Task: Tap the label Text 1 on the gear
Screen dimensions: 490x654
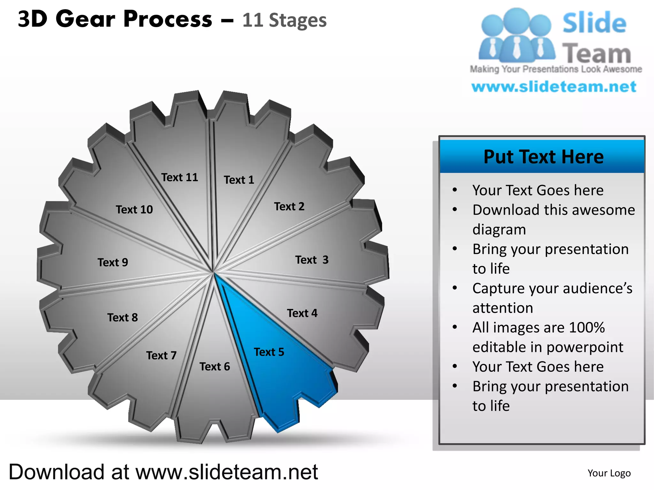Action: (239, 180)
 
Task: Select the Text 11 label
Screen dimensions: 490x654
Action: (179, 177)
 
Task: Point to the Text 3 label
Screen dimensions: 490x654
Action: (312, 260)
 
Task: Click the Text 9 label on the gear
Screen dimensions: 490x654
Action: (113, 263)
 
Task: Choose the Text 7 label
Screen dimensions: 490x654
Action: (161, 355)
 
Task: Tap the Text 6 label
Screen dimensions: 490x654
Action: (215, 367)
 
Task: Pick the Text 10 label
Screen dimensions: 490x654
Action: (134, 210)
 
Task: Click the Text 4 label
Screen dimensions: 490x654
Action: (302, 313)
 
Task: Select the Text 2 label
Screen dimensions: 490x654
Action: (289, 207)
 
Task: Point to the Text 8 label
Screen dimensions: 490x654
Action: (123, 318)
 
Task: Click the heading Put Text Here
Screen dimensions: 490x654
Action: (544, 157)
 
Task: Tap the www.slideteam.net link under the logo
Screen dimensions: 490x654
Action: (554, 87)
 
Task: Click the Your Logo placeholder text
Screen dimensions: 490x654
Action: (609, 473)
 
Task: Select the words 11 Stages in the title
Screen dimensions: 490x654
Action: (284, 20)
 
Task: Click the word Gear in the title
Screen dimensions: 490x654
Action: (85, 19)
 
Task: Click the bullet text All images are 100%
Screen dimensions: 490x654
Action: (538, 328)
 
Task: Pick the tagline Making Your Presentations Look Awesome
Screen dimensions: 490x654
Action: (556, 69)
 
